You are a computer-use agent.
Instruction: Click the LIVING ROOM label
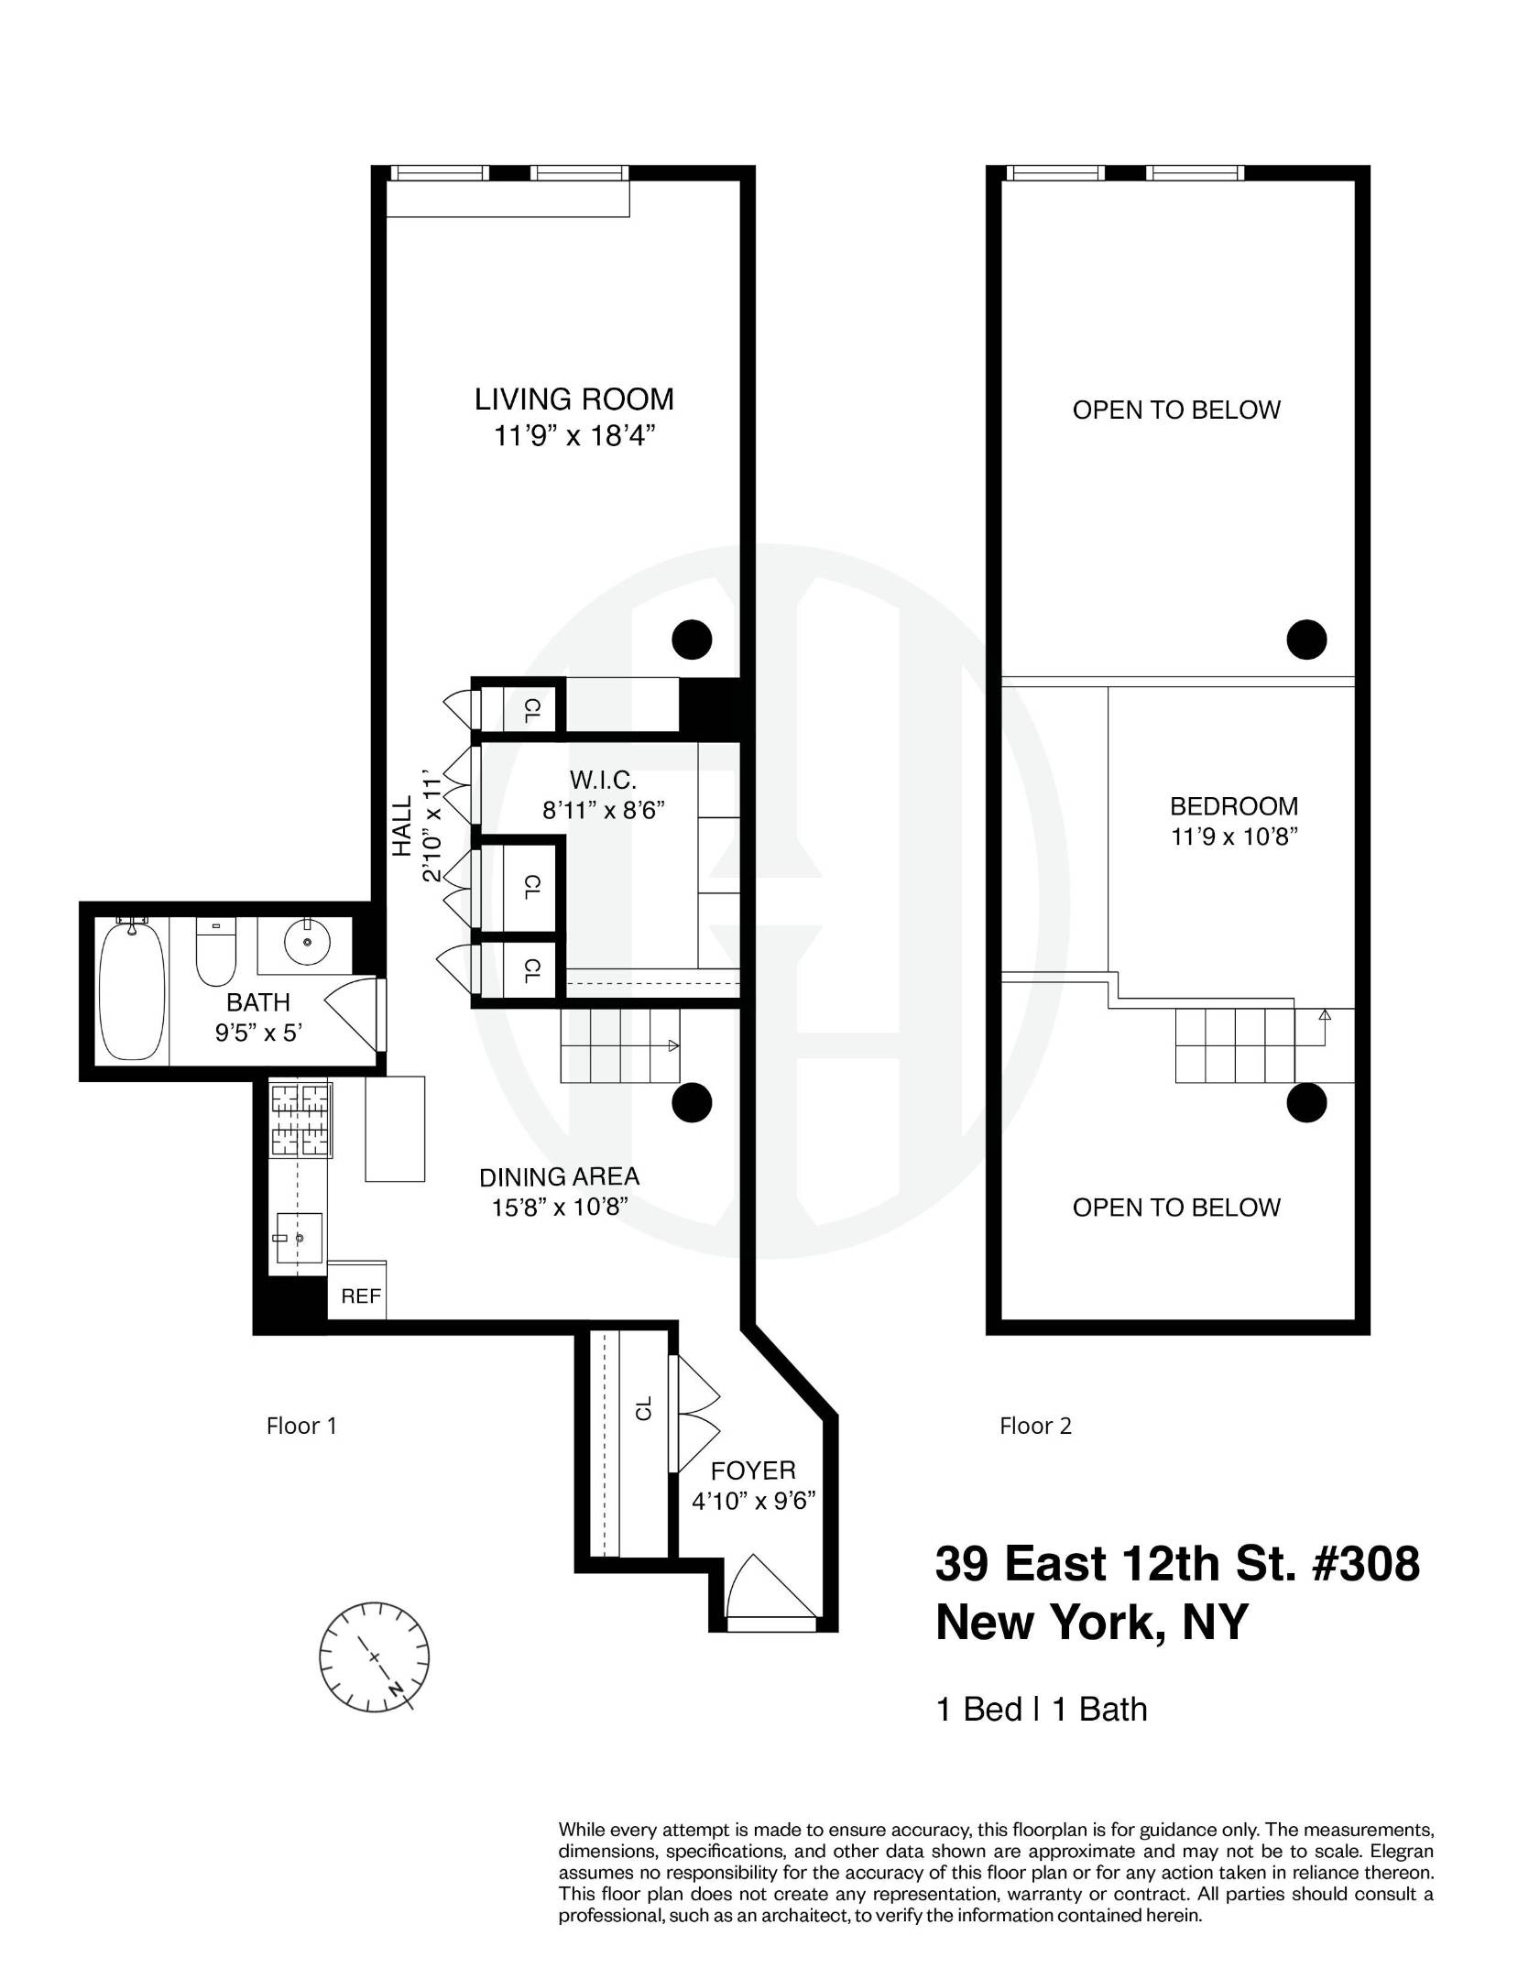573,399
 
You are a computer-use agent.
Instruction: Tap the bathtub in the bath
133,991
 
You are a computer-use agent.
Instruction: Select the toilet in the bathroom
215,953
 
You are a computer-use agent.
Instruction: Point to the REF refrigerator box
359,1296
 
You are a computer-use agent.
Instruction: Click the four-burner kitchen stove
300,1121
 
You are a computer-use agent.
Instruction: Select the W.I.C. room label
602,781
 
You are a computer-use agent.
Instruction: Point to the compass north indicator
396,1687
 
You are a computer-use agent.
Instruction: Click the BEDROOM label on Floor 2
1234,806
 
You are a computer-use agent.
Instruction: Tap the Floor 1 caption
301,1426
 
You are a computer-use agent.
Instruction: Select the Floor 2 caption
1035,1426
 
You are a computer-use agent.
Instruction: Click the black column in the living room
692,640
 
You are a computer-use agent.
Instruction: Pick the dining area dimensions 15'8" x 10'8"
559,1208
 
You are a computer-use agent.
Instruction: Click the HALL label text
402,825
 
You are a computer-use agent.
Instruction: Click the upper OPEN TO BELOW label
1176,410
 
